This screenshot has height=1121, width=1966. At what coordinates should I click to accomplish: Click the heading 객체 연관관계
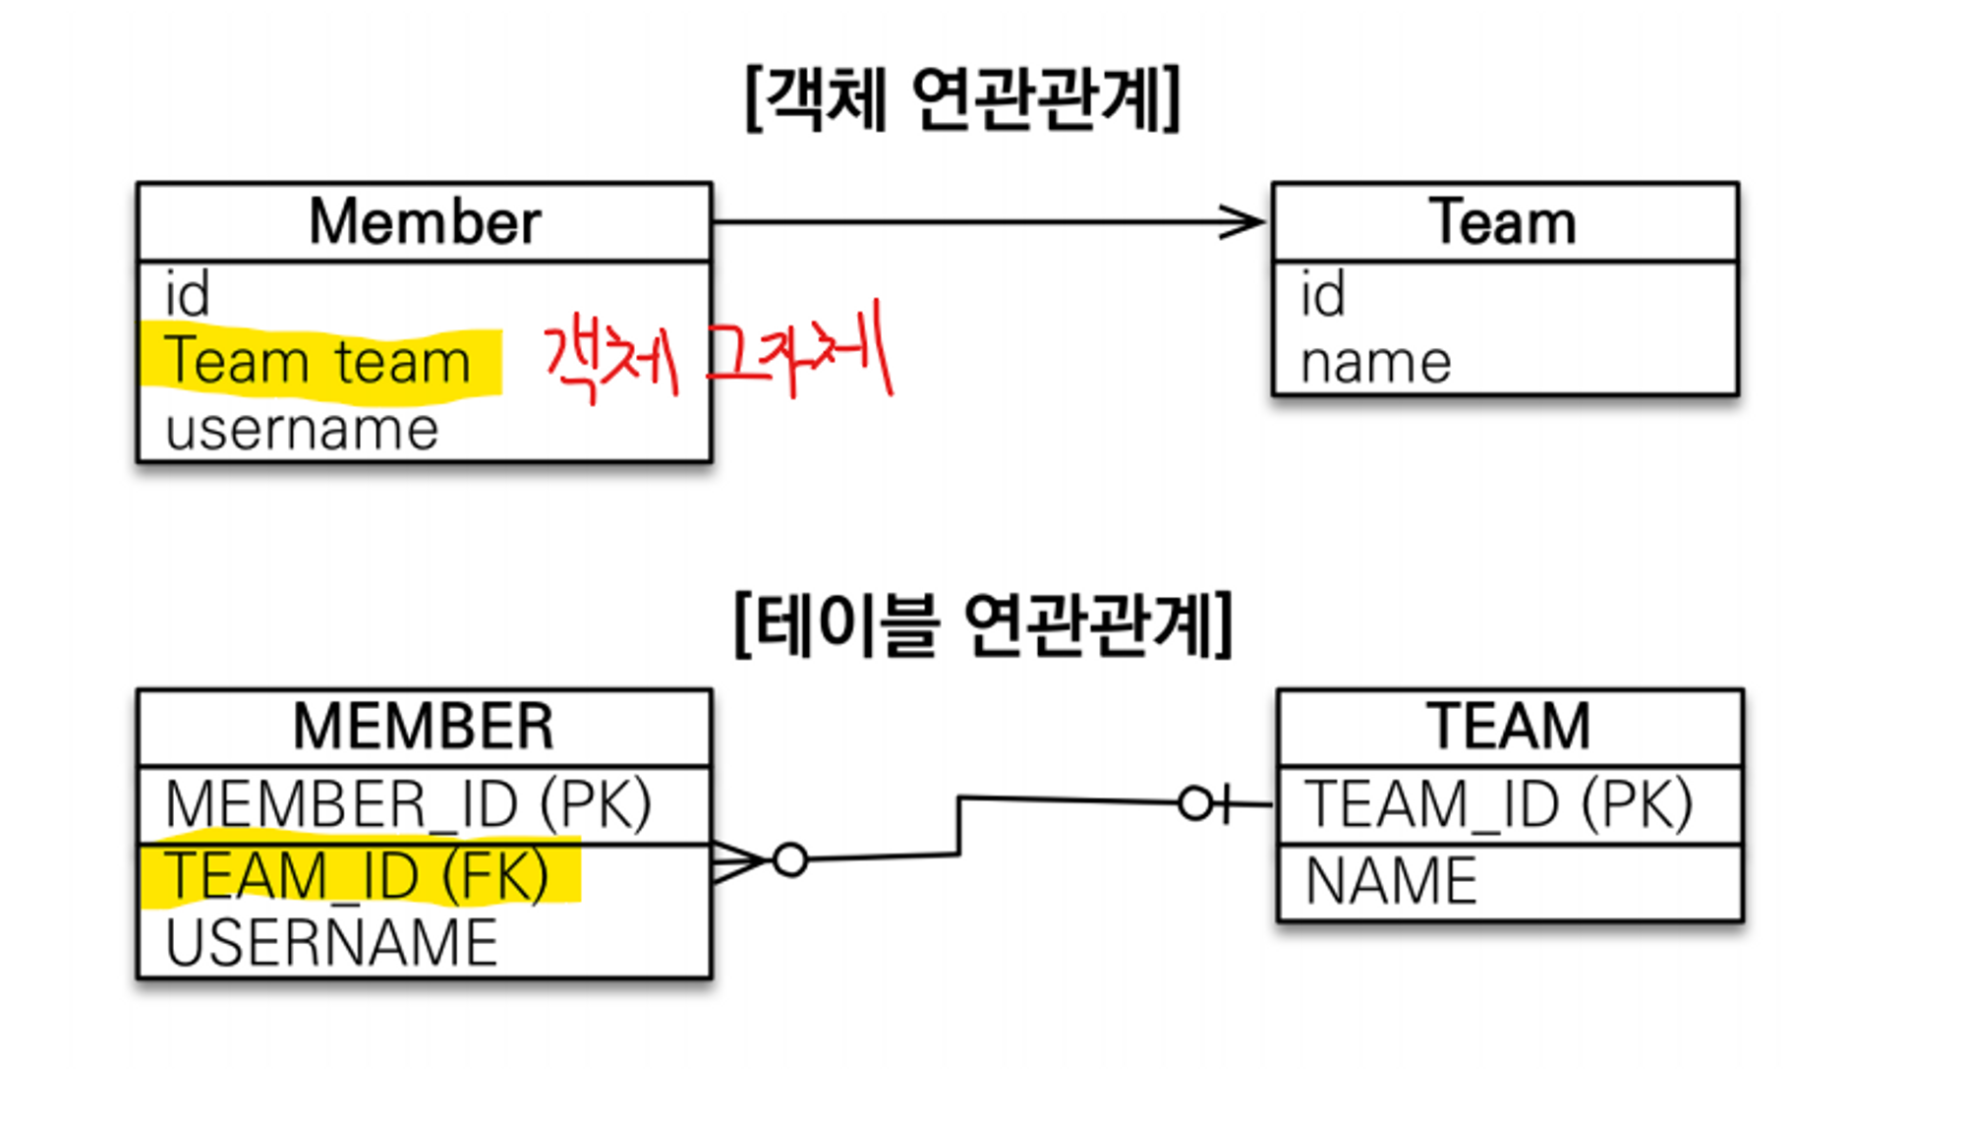point(963,98)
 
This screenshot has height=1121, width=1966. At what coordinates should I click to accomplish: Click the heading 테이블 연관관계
point(983,624)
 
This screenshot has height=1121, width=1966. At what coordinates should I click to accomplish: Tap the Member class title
point(425,221)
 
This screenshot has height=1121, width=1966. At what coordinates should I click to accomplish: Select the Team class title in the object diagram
point(1503,221)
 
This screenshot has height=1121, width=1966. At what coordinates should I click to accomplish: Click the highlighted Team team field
point(318,362)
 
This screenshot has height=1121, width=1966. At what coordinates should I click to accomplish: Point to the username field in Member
point(302,430)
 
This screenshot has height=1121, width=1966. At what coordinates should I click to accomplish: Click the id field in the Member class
point(187,294)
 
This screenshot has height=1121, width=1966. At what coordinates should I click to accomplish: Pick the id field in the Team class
point(1322,294)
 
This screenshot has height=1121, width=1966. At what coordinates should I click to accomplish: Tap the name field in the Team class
point(1375,363)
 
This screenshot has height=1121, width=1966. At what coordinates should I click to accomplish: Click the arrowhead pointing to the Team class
point(1243,221)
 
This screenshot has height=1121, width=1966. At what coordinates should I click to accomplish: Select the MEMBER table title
point(424,727)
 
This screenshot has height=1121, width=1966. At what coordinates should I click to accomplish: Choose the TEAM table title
point(1509,727)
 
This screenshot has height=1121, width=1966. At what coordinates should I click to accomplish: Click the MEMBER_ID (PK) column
point(408,804)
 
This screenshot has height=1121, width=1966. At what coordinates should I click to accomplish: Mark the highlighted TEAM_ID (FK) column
point(357,875)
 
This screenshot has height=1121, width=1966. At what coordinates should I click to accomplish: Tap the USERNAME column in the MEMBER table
point(331,943)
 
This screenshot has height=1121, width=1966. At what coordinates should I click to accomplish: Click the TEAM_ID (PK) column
point(1498,804)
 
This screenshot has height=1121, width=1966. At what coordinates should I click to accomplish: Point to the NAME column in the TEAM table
point(1391,880)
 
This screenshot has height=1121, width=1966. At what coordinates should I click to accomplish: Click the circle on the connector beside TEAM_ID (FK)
point(790,859)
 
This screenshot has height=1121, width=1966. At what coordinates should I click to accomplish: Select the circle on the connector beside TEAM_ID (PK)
point(1195,803)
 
